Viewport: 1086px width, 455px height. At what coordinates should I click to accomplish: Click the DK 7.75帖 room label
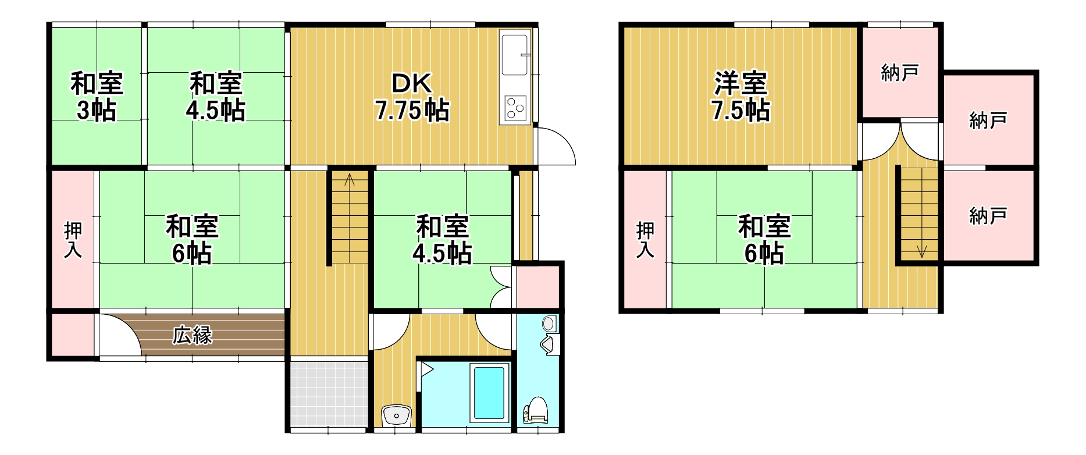click(412, 97)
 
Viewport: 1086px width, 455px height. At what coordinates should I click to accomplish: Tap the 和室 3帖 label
click(97, 97)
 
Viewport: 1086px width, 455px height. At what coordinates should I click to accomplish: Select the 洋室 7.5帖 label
click(740, 97)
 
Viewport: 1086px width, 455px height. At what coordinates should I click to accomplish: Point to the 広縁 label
click(193, 335)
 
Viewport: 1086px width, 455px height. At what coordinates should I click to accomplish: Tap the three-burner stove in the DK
click(515, 108)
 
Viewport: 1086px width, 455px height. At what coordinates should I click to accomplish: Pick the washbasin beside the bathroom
click(396, 415)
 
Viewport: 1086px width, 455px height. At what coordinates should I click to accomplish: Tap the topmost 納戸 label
click(900, 73)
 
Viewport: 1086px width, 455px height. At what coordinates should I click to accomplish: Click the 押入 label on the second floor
click(645, 239)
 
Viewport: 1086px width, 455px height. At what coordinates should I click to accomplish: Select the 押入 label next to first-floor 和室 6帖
click(73, 239)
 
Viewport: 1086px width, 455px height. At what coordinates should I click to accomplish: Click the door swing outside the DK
click(556, 145)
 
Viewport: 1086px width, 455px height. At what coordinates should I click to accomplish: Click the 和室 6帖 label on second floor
click(764, 239)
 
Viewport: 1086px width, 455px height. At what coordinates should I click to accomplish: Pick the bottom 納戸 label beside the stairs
click(988, 216)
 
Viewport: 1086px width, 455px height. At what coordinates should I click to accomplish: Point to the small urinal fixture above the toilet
click(548, 344)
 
